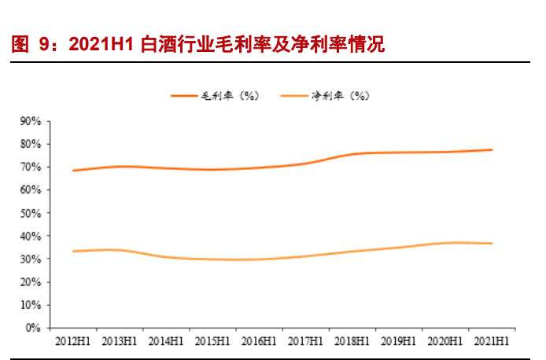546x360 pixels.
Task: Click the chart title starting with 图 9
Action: point(197,45)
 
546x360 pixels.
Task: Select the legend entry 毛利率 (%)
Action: point(216,95)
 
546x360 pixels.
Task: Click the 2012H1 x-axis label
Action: point(72,341)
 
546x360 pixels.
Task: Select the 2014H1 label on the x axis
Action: point(165,341)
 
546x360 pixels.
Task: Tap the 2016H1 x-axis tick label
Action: point(259,341)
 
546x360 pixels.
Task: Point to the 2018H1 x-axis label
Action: point(352,341)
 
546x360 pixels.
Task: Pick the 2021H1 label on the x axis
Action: point(492,341)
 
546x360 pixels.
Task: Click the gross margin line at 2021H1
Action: point(492,150)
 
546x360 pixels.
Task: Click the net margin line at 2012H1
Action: point(72,251)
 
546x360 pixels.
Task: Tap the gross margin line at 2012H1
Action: point(72,171)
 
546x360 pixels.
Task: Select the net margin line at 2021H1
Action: point(492,244)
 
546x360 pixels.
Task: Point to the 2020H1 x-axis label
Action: point(445,341)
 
